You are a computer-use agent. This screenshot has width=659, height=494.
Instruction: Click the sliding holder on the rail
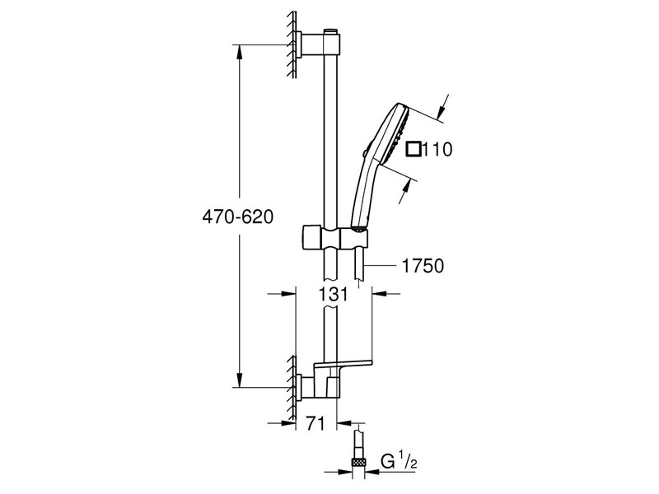333,236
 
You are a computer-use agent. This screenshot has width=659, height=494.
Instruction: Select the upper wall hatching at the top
292,45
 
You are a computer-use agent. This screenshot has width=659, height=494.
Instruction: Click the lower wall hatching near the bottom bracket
292,385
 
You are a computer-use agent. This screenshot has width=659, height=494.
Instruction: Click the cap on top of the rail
332,31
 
